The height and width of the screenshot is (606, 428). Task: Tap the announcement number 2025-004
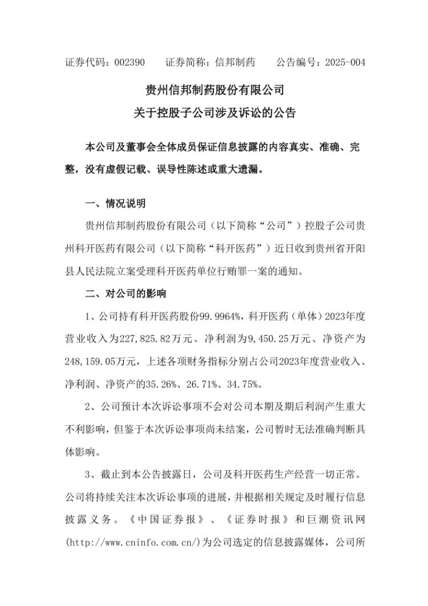[345, 62]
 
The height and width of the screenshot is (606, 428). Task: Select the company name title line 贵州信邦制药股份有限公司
[215, 90]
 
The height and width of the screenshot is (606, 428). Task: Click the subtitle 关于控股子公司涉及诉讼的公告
[215, 113]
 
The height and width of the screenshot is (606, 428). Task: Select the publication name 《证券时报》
[252, 520]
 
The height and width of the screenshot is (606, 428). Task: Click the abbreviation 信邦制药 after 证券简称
[235, 62]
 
